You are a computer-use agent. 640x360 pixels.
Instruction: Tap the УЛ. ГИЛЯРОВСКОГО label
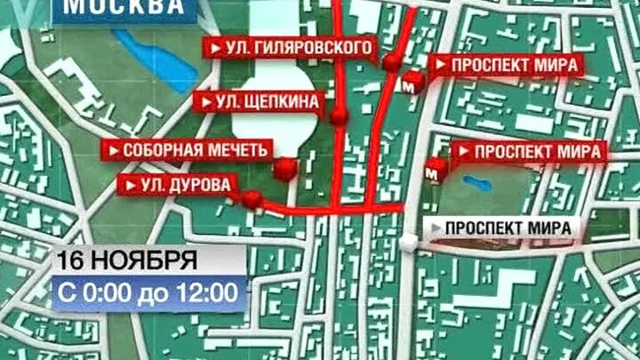[288, 46]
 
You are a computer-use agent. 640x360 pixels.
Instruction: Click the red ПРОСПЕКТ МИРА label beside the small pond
[532, 151]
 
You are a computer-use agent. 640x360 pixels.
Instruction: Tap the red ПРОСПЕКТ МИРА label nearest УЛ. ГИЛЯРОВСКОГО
[507, 65]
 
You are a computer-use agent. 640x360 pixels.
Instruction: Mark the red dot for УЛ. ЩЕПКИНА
[339, 117]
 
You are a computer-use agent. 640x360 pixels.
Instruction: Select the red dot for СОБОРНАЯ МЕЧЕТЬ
[285, 169]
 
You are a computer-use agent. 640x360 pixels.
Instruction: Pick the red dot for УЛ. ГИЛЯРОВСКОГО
[391, 63]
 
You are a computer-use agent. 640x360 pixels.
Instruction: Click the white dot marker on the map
[408, 242]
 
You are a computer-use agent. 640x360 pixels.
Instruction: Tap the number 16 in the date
[71, 261]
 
